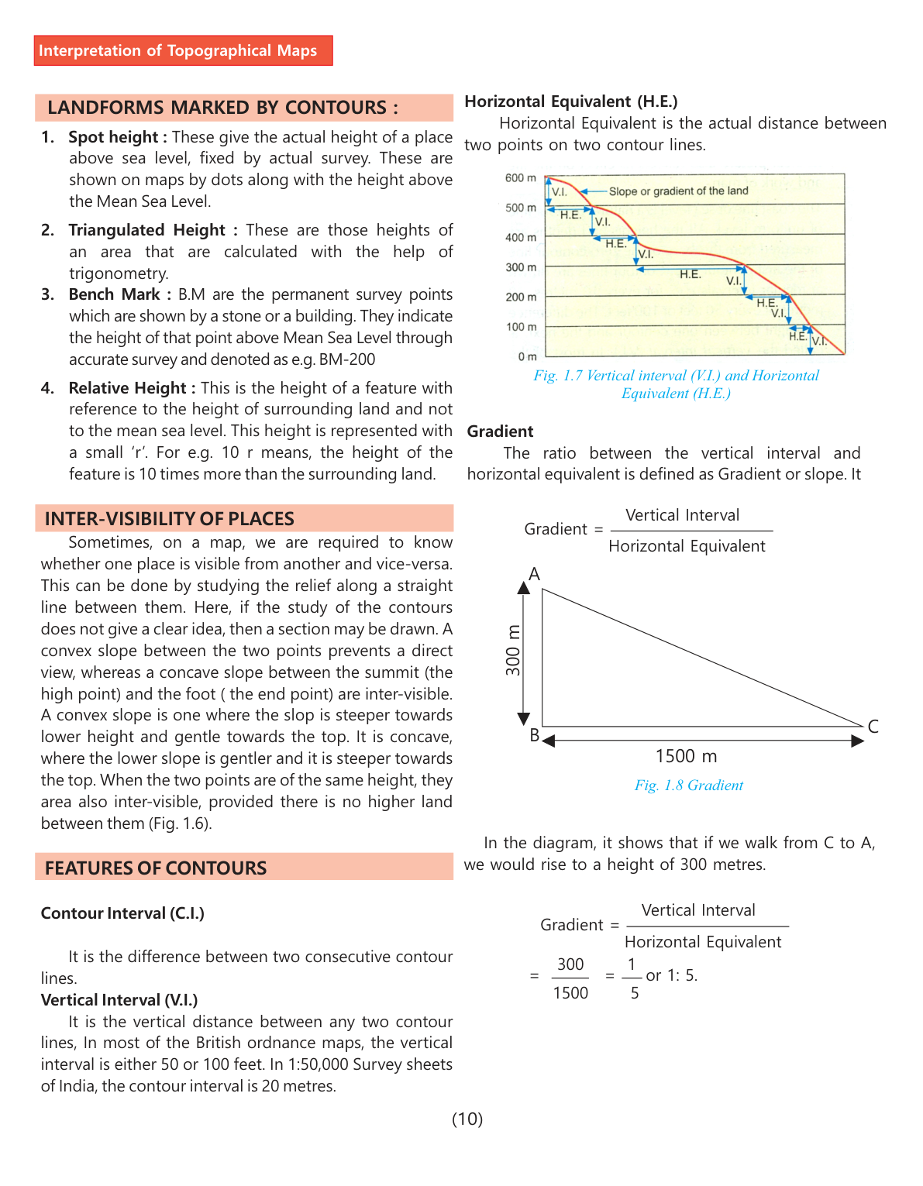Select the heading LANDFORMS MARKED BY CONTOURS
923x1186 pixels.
pos(222,108)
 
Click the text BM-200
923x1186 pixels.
pos(347,359)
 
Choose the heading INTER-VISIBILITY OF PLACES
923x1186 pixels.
pos(169,519)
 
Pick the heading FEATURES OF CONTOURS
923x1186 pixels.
pos(155,868)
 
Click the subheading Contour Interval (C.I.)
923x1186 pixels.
pos(122,913)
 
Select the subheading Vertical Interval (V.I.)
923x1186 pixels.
pos(119,1000)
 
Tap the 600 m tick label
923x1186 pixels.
pos(520,178)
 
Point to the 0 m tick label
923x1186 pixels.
pos(527,357)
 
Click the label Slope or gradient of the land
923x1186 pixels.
pos(678,191)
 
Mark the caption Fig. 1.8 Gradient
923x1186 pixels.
pos(688,786)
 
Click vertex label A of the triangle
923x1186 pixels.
pos(534,574)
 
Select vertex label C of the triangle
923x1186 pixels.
pos(873,727)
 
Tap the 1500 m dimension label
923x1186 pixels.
pos(686,756)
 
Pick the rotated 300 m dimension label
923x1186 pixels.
pos(513,650)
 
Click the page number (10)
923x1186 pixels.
pos(467,1119)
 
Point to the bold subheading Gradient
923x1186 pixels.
pos(500,431)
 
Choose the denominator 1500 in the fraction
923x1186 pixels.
pos(570,993)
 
